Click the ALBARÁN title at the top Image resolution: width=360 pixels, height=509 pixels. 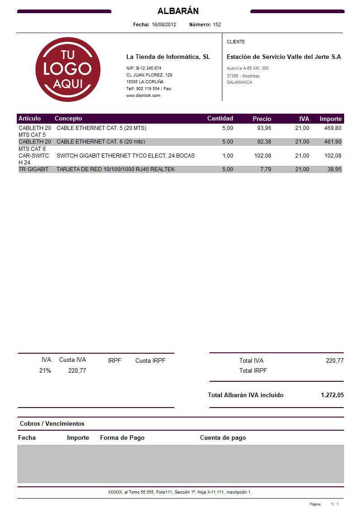pos(178,11)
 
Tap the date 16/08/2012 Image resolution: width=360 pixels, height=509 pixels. pos(164,24)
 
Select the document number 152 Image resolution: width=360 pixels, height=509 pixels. pos(217,24)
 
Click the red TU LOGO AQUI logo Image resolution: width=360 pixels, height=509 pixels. pos(67,69)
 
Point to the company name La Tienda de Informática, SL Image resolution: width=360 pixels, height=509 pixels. pos(168,57)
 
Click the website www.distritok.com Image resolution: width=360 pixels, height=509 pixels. pos(143,96)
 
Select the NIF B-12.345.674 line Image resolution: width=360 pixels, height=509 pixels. pos(144,68)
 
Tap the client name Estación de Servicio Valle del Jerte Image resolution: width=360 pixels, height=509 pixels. pos(283,57)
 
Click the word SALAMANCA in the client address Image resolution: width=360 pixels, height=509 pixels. pos(240,82)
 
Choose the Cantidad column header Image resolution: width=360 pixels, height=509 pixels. pos(220,119)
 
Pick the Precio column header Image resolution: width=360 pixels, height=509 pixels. pos(262,119)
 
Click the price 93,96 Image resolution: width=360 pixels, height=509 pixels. pos(264,128)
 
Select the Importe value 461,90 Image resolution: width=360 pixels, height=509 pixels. pos(333,142)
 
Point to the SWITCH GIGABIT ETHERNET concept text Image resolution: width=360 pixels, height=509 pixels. pos(125,156)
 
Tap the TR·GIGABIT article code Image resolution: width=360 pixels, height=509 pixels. pos(34,169)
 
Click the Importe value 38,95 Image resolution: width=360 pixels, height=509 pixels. pos(334,169)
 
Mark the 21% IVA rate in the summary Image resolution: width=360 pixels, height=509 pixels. pos(45,370)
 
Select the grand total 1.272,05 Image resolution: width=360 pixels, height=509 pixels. pos(332,395)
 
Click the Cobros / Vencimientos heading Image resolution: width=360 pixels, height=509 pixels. pos(52,424)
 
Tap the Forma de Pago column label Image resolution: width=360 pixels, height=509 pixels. pos(122,438)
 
